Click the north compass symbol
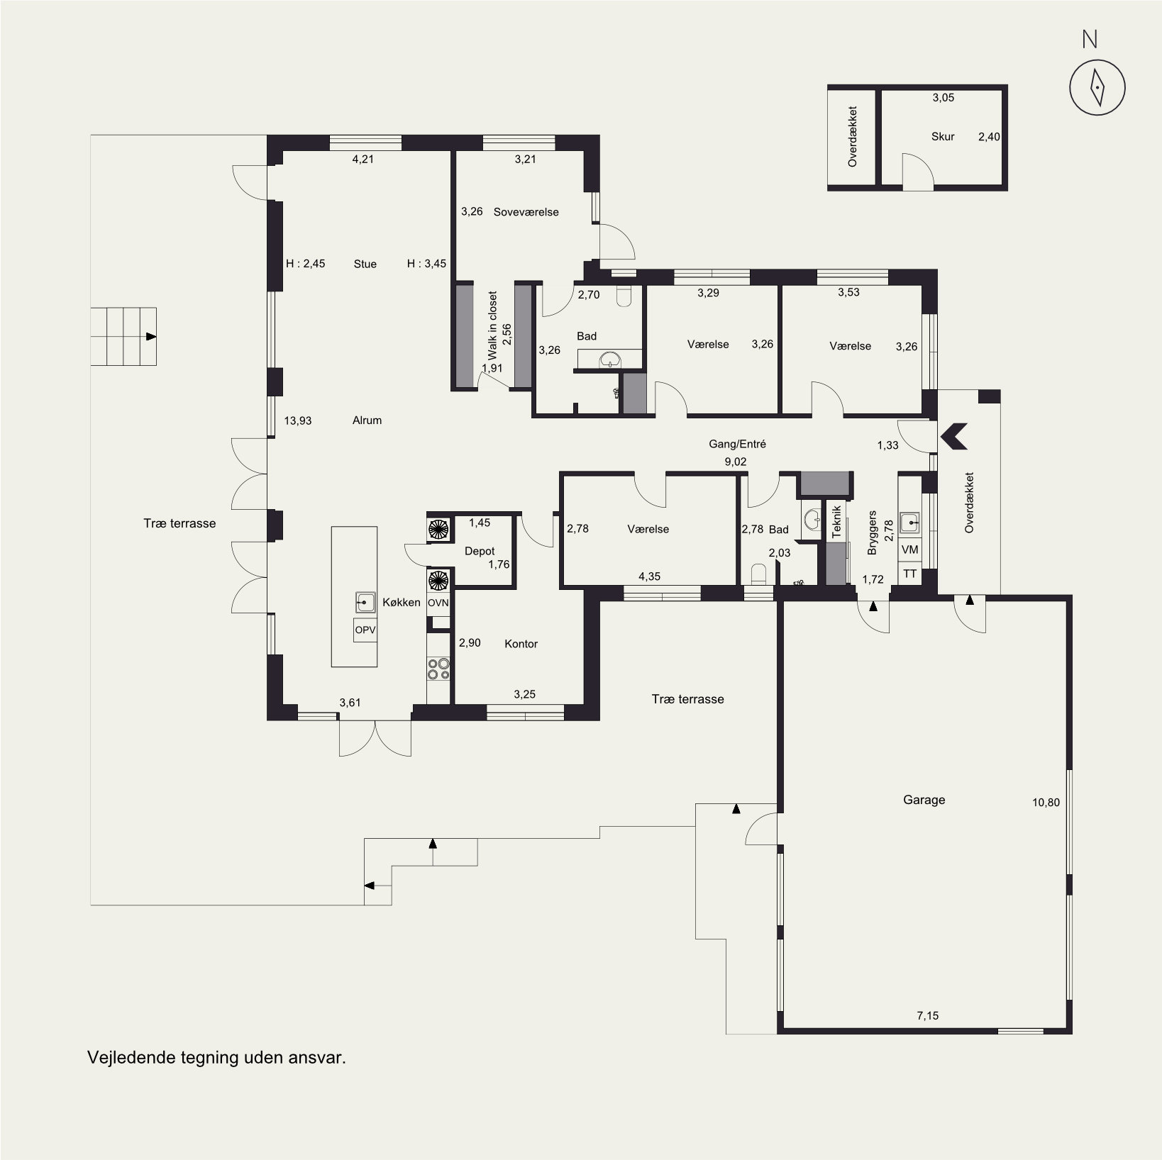[1097, 87]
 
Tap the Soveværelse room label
[526, 212]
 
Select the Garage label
[924, 800]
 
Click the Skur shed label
[943, 137]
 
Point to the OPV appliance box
[365, 630]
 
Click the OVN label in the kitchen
[438, 603]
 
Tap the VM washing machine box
[909, 550]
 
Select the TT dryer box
[909, 574]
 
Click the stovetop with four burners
[438, 669]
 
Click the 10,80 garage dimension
[1046, 803]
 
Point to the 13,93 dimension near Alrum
[298, 420]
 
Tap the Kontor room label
[521, 644]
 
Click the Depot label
[480, 551]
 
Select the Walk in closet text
[492, 326]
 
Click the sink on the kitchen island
[365, 603]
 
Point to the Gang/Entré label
[737, 445]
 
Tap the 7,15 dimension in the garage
[927, 1015]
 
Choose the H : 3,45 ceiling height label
[426, 264]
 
